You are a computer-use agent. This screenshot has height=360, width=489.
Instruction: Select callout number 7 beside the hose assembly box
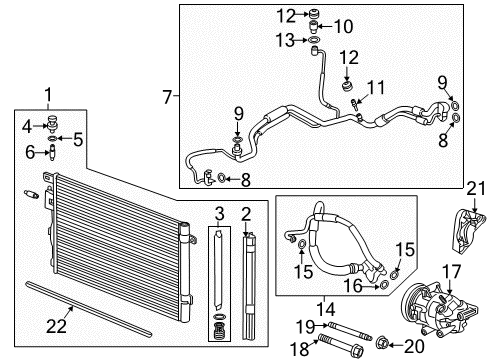click(x=167, y=96)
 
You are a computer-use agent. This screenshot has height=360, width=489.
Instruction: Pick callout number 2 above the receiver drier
click(x=245, y=213)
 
